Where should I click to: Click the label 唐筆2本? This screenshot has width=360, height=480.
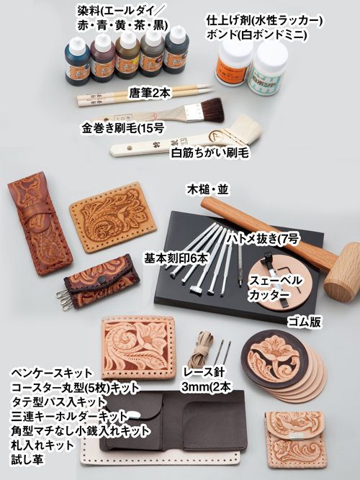(149, 93)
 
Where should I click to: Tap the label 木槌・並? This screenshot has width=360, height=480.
(208, 190)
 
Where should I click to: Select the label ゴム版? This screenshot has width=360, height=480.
(304, 322)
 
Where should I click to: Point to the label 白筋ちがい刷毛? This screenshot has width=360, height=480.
(210, 153)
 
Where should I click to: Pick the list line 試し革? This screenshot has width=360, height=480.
(27, 459)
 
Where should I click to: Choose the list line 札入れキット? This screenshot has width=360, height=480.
(42, 445)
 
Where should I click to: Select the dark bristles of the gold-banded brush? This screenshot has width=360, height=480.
(212, 109)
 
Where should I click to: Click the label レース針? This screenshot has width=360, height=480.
(204, 372)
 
